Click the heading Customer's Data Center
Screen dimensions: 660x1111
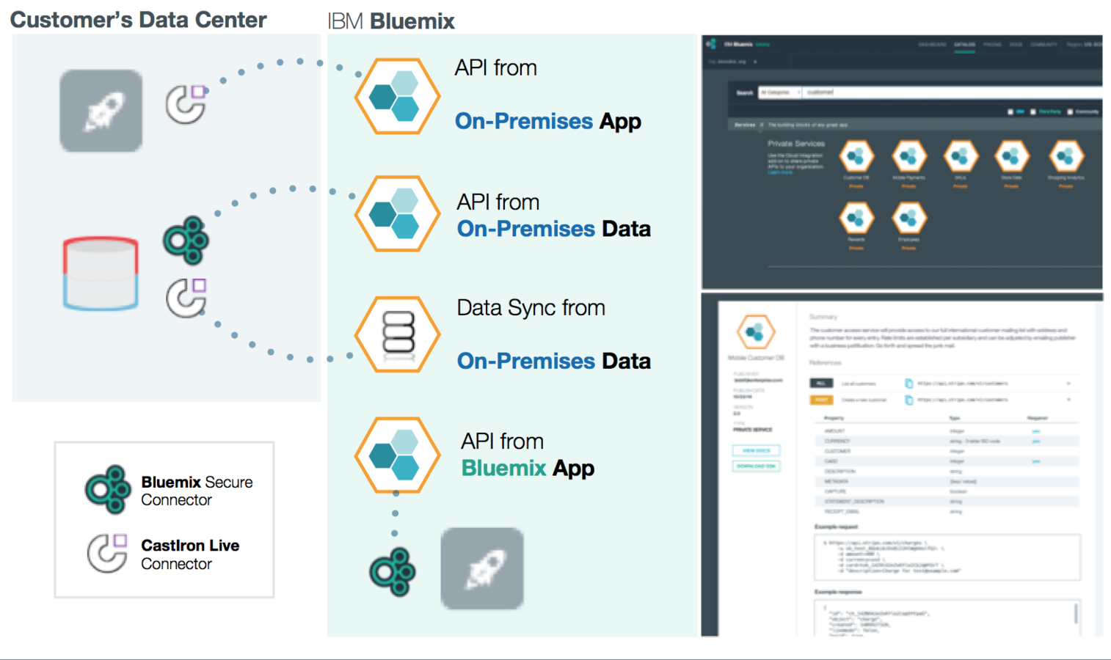(x=138, y=20)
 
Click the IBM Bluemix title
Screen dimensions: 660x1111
(x=391, y=21)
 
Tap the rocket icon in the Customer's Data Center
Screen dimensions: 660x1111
(x=101, y=111)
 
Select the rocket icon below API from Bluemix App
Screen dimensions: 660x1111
(x=482, y=568)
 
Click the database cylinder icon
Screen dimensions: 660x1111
(x=101, y=273)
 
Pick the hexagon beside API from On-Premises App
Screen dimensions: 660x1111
(x=397, y=96)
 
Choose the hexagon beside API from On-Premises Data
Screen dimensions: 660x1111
(x=397, y=214)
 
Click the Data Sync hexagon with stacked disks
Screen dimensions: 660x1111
(x=397, y=334)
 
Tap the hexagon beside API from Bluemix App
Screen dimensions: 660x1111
(x=397, y=455)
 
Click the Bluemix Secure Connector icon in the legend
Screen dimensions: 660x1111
(x=108, y=489)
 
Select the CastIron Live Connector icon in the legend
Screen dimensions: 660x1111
(x=107, y=553)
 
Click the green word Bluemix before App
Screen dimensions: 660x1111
(x=503, y=468)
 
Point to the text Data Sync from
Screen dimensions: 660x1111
(x=531, y=308)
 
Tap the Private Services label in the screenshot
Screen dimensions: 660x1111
(x=796, y=144)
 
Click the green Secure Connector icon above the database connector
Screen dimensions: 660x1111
(x=186, y=240)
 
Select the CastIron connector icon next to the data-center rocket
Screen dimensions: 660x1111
(x=186, y=104)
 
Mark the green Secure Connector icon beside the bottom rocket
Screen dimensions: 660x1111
(x=393, y=571)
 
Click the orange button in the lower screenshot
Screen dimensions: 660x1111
(x=821, y=400)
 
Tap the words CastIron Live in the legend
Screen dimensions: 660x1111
(x=190, y=546)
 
